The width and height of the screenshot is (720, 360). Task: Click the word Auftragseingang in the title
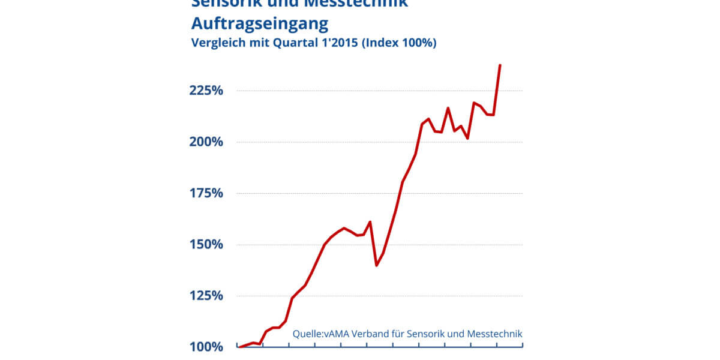(260, 24)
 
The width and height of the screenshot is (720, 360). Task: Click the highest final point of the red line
(500, 65)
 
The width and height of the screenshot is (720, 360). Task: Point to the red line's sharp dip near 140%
(376, 265)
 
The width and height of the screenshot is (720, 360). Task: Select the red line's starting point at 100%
(239, 347)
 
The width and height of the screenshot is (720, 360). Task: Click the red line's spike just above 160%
(370, 222)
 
